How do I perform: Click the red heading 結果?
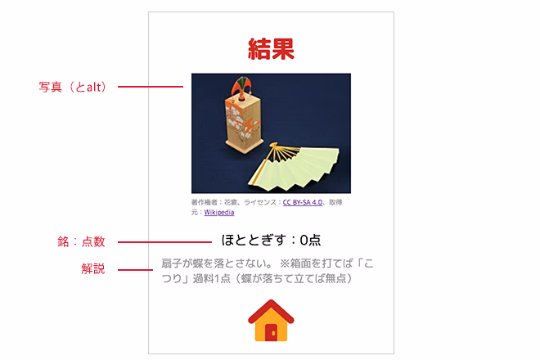[x=271, y=48]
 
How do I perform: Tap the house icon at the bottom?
[x=271, y=321]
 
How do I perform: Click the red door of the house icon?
[x=271, y=332]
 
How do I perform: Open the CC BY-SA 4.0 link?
[x=303, y=203]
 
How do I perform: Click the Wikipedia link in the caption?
[x=219, y=212]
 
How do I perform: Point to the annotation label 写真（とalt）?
[x=72, y=87]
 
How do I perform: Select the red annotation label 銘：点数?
[x=81, y=241]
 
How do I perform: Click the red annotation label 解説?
[x=93, y=268]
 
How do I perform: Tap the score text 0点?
[x=310, y=240]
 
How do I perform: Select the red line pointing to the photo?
[x=151, y=87]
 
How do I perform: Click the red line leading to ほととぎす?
[x=164, y=242]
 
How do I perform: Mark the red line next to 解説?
[x=135, y=269]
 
